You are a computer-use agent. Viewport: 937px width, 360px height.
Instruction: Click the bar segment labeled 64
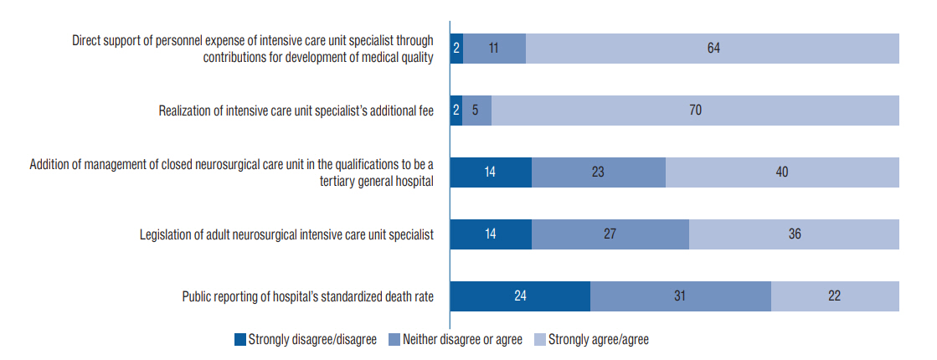pyautogui.click(x=713, y=49)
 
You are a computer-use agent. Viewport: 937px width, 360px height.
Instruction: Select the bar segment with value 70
pyautogui.click(x=695, y=111)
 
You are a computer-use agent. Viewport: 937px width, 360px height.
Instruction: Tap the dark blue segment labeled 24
pyautogui.click(x=520, y=296)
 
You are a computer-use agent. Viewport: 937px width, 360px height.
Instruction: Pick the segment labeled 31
pyautogui.click(x=680, y=296)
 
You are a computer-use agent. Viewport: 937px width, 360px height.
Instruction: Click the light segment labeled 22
pyautogui.click(x=834, y=296)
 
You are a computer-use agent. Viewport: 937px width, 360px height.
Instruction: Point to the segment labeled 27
pyautogui.click(x=610, y=234)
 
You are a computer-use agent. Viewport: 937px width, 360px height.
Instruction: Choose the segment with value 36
pyautogui.click(x=794, y=234)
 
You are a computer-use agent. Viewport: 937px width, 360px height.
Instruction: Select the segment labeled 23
pyautogui.click(x=598, y=172)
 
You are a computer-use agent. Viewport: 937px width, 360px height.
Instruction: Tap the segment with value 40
pyautogui.click(x=782, y=172)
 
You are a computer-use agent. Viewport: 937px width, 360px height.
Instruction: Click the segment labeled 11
pyautogui.click(x=494, y=49)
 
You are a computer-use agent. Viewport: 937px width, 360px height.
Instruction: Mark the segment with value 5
pyautogui.click(x=476, y=111)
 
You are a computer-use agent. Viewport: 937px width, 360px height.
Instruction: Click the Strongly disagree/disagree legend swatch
pyautogui.click(x=240, y=340)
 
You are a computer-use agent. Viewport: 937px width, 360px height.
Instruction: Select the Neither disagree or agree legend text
pyautogui.click(x=462, y=340)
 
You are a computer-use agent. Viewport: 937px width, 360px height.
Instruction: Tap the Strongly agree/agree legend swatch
pyautogui.click(x=540, y=340)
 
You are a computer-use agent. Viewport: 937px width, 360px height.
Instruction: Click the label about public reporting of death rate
pyautogui.click(x=307, y=296)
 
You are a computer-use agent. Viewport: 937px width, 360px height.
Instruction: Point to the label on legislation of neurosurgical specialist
pyautogui.click(x=286, y=234)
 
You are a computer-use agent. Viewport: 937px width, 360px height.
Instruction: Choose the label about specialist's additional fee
pyautogui.click(x=296, y=111)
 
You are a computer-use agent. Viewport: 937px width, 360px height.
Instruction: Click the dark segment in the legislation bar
pyautogui.click(x=491, y=234)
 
